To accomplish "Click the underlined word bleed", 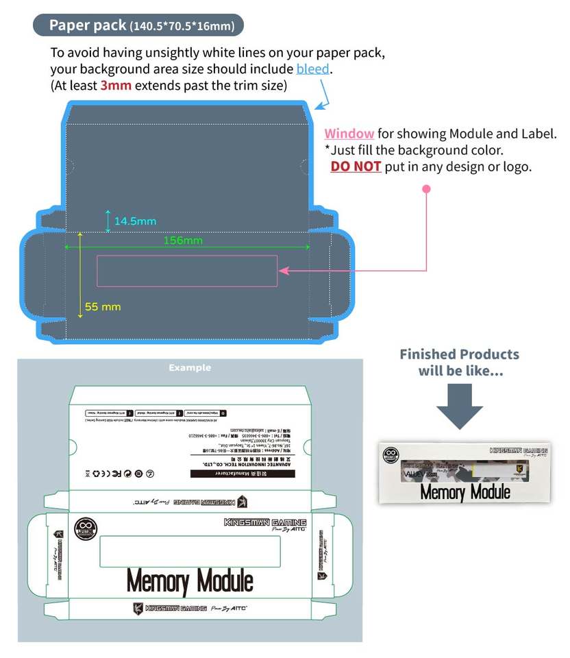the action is coord(313,69).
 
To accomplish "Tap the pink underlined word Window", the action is coord(349,134).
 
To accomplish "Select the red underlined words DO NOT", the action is coord(356,167).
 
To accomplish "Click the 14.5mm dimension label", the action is coord(135,221).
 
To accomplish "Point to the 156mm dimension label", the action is coord(183,240).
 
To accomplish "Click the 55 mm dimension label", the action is coord(102,306).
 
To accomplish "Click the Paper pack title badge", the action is coord(138,25).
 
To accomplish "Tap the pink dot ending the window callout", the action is coord(426,188).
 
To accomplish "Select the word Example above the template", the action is coord(190,368).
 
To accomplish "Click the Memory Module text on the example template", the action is coord(190,582).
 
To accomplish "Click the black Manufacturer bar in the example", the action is coord(234,473).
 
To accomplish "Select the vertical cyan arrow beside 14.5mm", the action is coord(108,221).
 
